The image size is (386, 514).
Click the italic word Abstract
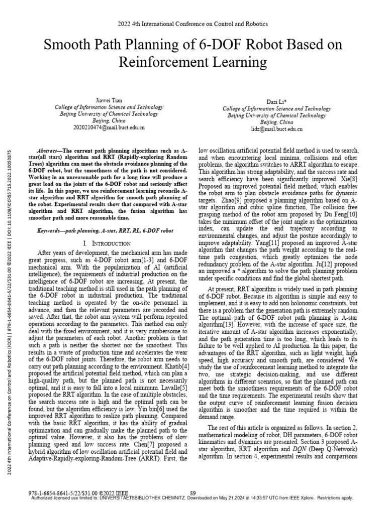tap(49, 151)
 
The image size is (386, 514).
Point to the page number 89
tap(193, 492)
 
